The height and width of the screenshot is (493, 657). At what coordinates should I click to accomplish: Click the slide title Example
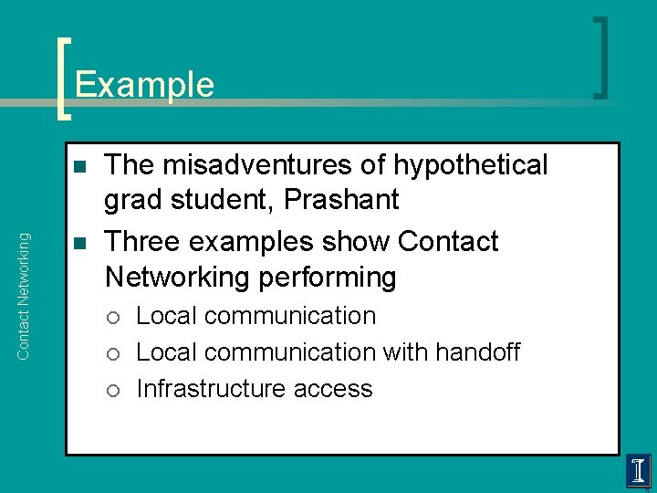144,85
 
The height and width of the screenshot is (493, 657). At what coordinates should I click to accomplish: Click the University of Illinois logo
638,471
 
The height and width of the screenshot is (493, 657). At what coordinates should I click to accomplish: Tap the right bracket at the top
601,57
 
